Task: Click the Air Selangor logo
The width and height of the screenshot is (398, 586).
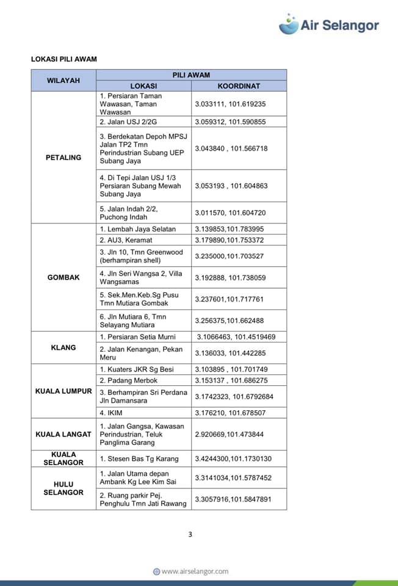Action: coord(329,24)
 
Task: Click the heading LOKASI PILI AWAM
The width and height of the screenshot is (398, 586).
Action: coord(64,59)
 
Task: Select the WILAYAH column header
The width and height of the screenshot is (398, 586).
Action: coord(63,81)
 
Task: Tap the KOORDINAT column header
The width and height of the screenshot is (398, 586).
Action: coord(239,86)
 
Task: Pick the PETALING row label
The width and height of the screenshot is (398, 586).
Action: coord(63,157)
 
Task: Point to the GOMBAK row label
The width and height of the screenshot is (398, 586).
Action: coord(63,277)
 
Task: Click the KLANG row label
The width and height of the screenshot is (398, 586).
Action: coord(63,347)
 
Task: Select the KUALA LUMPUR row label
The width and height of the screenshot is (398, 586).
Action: coord(63,391)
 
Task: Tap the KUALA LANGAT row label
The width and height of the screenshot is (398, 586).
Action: coord(63,435)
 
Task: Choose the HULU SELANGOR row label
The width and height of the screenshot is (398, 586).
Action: coord(63,488)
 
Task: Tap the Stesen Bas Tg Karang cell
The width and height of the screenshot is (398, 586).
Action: coord(139,459)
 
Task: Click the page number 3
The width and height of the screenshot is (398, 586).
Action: coord(190,535)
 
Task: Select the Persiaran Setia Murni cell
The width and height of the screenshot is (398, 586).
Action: coord(137,337)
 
